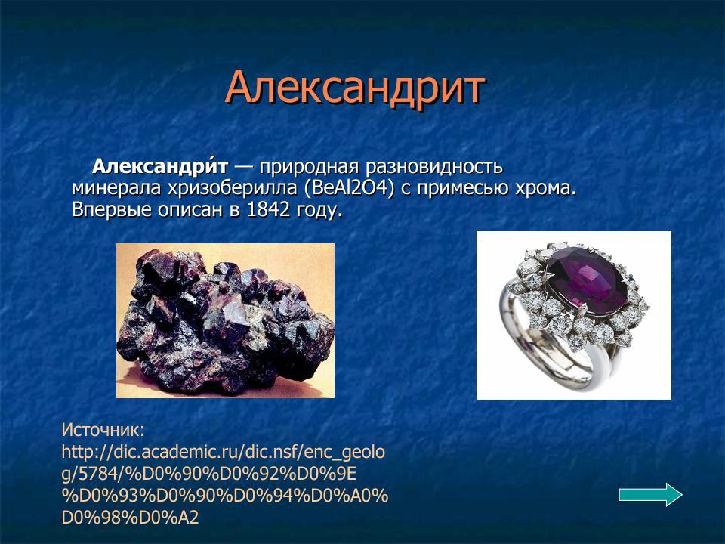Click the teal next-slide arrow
[650, 495]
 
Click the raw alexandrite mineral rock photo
[225, 320]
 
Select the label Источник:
[103, 431]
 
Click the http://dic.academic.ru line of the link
[223, 453]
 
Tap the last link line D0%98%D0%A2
[130, 518]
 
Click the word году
[320, 209]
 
